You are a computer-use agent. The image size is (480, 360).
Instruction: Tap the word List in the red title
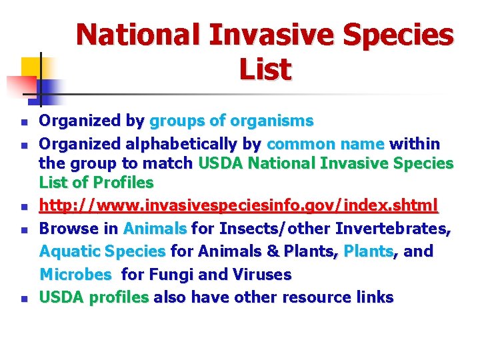click(265, 69)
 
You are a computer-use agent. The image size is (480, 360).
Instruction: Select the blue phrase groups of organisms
click(231, 121)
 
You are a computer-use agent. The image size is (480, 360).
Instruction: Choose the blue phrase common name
click(325, 143)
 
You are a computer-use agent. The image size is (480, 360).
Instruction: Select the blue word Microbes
click(76, 274)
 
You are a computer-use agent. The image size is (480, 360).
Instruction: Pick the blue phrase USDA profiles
click(94, 297)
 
